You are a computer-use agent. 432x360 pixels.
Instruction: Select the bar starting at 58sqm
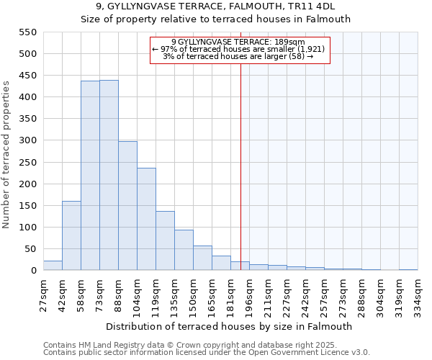pos(90,176)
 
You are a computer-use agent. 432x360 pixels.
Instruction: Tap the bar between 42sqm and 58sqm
pos(71,235)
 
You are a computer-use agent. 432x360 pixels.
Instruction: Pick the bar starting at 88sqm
pos(127,206)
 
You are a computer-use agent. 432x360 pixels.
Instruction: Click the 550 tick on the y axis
pos(27,32)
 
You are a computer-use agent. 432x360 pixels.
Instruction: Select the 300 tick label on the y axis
pos(27,141)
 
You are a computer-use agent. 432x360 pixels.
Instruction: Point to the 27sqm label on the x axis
pos(43,294)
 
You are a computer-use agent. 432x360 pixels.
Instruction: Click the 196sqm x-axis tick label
pos(249,294)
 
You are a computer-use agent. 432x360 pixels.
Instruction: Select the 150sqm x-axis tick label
pos(193,294)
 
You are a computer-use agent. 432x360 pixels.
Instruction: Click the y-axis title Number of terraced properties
pos(6,155)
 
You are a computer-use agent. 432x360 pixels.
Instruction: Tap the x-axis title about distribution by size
pos(230,326)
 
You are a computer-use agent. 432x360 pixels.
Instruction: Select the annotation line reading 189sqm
pos(238,42)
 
